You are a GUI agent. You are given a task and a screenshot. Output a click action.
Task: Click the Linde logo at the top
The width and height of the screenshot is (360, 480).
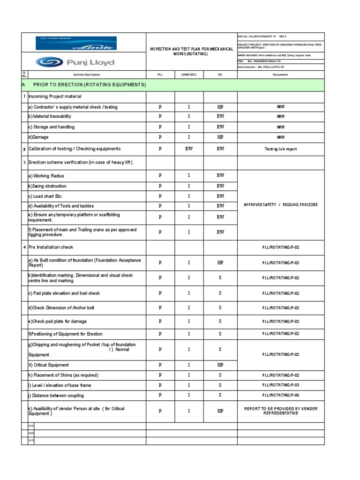[76, 43]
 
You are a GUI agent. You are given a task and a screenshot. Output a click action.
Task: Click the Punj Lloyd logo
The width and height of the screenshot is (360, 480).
[75, 62]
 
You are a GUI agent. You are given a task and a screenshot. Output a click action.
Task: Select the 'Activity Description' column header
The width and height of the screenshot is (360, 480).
[87, 75]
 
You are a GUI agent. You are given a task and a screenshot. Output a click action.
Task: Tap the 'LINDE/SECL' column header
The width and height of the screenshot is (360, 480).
[189, 75]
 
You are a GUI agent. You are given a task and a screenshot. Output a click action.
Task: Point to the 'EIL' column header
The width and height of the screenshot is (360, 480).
[220, 75]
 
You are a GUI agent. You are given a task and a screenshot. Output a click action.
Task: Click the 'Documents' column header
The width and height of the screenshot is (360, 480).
[280, 75]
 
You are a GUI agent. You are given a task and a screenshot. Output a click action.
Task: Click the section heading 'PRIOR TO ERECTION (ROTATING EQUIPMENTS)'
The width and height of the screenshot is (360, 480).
[90, 85]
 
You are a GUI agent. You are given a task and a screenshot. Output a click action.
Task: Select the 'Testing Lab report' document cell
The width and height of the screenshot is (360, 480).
[280, 149]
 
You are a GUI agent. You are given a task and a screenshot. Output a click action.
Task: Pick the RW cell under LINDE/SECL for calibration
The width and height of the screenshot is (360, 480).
[189, 149]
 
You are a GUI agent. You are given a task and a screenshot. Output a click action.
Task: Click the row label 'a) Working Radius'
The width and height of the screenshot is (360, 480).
[46, 176]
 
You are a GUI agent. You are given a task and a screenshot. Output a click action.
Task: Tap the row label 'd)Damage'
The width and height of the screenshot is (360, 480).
[38, 137]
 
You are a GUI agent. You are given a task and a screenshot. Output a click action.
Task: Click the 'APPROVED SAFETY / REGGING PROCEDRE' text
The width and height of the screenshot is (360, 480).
[280, 205]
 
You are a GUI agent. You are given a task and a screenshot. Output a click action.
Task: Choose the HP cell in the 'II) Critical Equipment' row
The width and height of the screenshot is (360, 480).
[220, 365]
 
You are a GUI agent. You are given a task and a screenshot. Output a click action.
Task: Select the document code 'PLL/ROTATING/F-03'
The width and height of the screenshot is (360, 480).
[280, 385]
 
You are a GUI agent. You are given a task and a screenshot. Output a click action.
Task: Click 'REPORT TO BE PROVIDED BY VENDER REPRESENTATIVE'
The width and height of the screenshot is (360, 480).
[280, 411]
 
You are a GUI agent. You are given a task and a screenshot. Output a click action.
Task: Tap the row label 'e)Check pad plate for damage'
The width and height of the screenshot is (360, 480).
[58, 322]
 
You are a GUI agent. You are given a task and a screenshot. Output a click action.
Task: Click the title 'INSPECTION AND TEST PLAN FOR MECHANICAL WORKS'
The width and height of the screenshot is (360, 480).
[191, 52]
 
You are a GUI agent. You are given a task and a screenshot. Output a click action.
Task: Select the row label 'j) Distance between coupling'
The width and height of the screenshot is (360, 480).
[56, 396]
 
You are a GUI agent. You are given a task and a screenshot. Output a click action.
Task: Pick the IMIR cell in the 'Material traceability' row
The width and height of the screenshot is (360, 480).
[280, 116]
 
